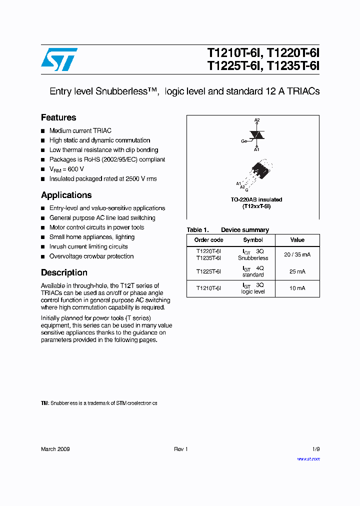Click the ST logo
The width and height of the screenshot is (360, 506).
pyautogui.click(x=59, y=59)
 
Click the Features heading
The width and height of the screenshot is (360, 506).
pyautogui.click(x=58, y=117)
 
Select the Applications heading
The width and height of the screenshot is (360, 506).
pyautogui.click(x=66, y=195)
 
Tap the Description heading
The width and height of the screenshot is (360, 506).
pyautogui.click(x=64, y=272)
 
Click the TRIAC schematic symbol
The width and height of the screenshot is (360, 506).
pyautogui.click(x=257, y=134)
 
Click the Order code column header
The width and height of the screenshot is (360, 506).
pyautogui.click(x=208, y=240)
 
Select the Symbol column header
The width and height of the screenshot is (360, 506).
pyautogui.click(x=253, y=240)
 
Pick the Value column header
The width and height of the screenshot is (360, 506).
pyautogui.click(x=297, y=240)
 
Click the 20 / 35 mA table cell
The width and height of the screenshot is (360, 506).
pyautogui.click(x=297, y=254)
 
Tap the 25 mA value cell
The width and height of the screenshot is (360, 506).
pyautogui.click(x=297, y=271)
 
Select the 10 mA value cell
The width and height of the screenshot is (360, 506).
pyautogui.click(x=297, y=288)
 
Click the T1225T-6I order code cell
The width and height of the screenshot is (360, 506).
pyautogui.click(x=208, y=271)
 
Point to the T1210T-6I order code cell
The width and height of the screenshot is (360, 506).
pyautogui.click(x=208, y=288)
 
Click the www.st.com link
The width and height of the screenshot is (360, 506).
pyautogui.click(x=308, y=459)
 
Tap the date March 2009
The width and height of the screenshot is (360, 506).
pyautogui.click(x=55, y=449)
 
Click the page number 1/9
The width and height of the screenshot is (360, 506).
pyautogui.click(x=315, y=449)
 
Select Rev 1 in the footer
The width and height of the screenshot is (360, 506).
pyautogui.click(x=180, y=449)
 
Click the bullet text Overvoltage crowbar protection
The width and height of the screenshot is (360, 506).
pyautogui.click(x=91, y=256)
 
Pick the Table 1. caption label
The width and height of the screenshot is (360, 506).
pyautogui.click(x=197, y=230)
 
